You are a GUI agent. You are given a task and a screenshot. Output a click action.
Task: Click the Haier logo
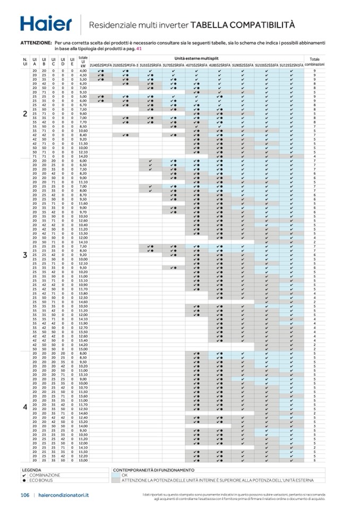[45, 23]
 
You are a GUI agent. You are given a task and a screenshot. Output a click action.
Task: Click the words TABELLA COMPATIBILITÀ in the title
[242, 24]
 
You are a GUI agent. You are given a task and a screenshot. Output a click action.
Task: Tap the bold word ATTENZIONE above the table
[36, 42]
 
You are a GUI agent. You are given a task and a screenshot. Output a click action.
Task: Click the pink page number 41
[139, 48]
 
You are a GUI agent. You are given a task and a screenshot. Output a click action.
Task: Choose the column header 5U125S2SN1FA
[292, 65]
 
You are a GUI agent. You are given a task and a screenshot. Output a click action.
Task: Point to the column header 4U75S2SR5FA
[196, 65]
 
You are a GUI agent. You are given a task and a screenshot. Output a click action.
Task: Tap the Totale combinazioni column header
[314, 62]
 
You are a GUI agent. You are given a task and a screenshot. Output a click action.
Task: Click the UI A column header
[35, 62]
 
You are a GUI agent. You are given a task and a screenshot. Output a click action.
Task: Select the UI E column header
[72, 62]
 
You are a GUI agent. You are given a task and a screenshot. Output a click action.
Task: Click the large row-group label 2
[25, 114]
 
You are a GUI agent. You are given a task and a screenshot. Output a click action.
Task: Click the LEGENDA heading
[31, 470]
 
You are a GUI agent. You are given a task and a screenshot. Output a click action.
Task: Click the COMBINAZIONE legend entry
[45, 475]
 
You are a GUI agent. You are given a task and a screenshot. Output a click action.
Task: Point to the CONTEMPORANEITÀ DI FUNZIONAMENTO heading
[153, 470]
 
